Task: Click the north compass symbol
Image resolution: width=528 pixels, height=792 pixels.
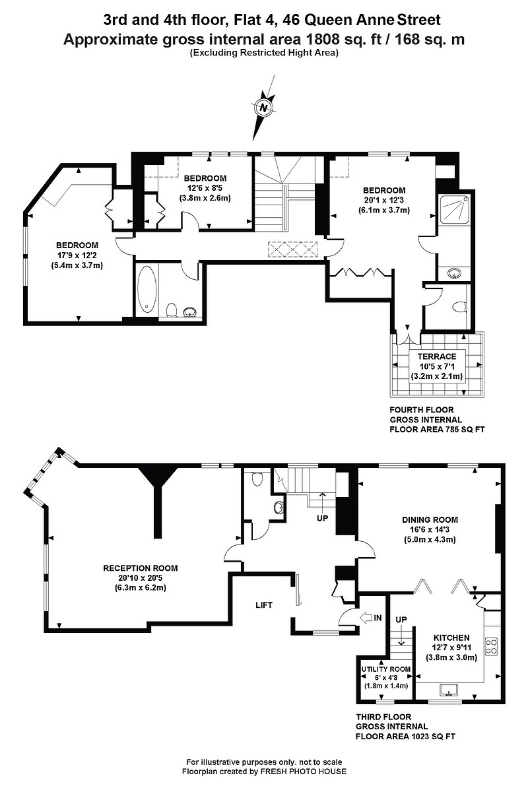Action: [x=264, y=108]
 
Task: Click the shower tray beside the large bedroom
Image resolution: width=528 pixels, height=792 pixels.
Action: [x=454, y=209]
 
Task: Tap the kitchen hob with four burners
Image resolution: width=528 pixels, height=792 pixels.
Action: [x=491, y=645]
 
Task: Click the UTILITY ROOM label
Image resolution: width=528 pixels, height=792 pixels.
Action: [x=385, y=669]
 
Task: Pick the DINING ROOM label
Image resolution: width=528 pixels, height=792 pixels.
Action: [x=430, y=519]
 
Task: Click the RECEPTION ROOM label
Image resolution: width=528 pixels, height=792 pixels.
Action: [x=141, y=568]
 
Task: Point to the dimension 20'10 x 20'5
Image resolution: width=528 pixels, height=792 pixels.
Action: [x=141, y=577]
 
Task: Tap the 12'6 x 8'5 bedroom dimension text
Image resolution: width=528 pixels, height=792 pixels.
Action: [x=205, y=187]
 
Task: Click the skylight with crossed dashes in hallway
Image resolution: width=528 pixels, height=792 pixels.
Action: [x=292, y=249]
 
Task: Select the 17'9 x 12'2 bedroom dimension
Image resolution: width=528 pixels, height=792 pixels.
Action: [x=77, y=255]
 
